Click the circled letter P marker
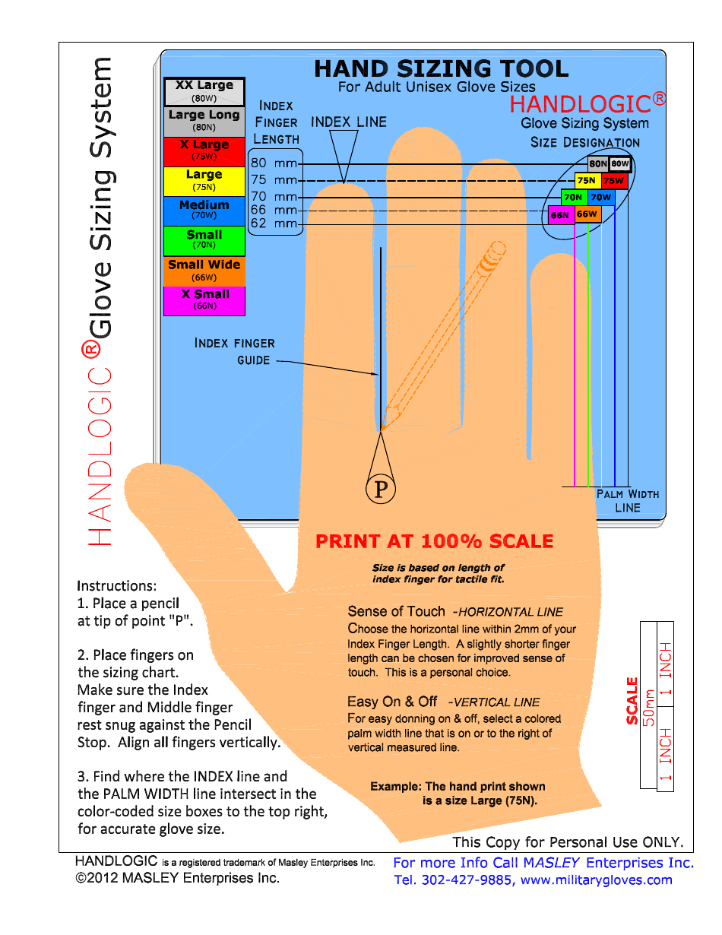(381, 489)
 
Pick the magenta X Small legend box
(204, 300)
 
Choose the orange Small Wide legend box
(204, 271)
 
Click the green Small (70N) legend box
(204, 240)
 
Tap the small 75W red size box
(613, 181)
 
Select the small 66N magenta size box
(560, 215)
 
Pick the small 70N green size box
(573, 198)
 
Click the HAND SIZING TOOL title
(441, 69)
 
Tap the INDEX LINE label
(349, 122)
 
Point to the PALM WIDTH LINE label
(627, 501)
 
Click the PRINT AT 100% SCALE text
(434, 542)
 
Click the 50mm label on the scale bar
(648, 708)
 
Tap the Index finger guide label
(235, 351)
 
